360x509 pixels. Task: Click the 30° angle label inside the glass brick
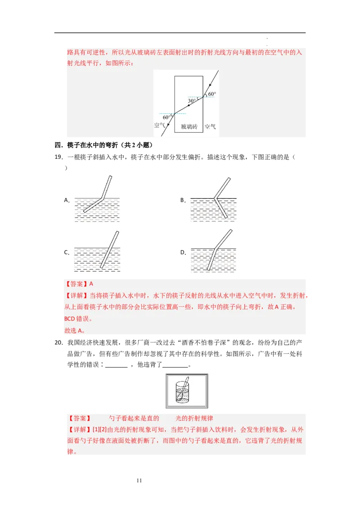[x=192, y=101]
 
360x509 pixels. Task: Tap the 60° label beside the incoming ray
[x=211, y=94]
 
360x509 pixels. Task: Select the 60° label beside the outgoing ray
[x=167, y=117]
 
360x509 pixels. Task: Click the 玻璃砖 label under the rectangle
[x=189, y=127]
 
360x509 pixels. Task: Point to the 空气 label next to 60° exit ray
[x=160, y=125]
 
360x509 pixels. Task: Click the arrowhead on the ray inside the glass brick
[x=189, y=105]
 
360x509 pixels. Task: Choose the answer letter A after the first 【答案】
[x=91, y=284]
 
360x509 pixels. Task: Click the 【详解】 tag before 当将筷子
[x=77, y=295]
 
